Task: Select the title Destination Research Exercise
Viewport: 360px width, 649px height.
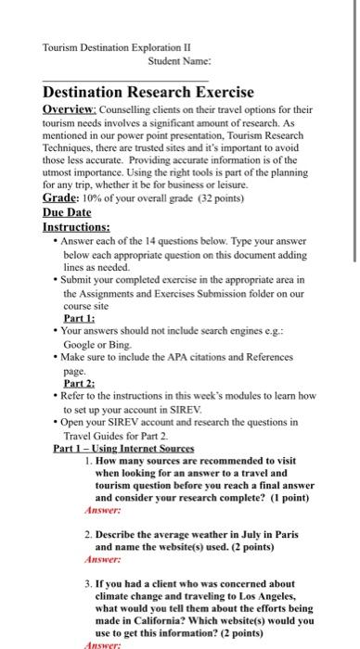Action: coord(148,92)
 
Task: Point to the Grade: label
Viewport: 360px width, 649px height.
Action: coord(63,197)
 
